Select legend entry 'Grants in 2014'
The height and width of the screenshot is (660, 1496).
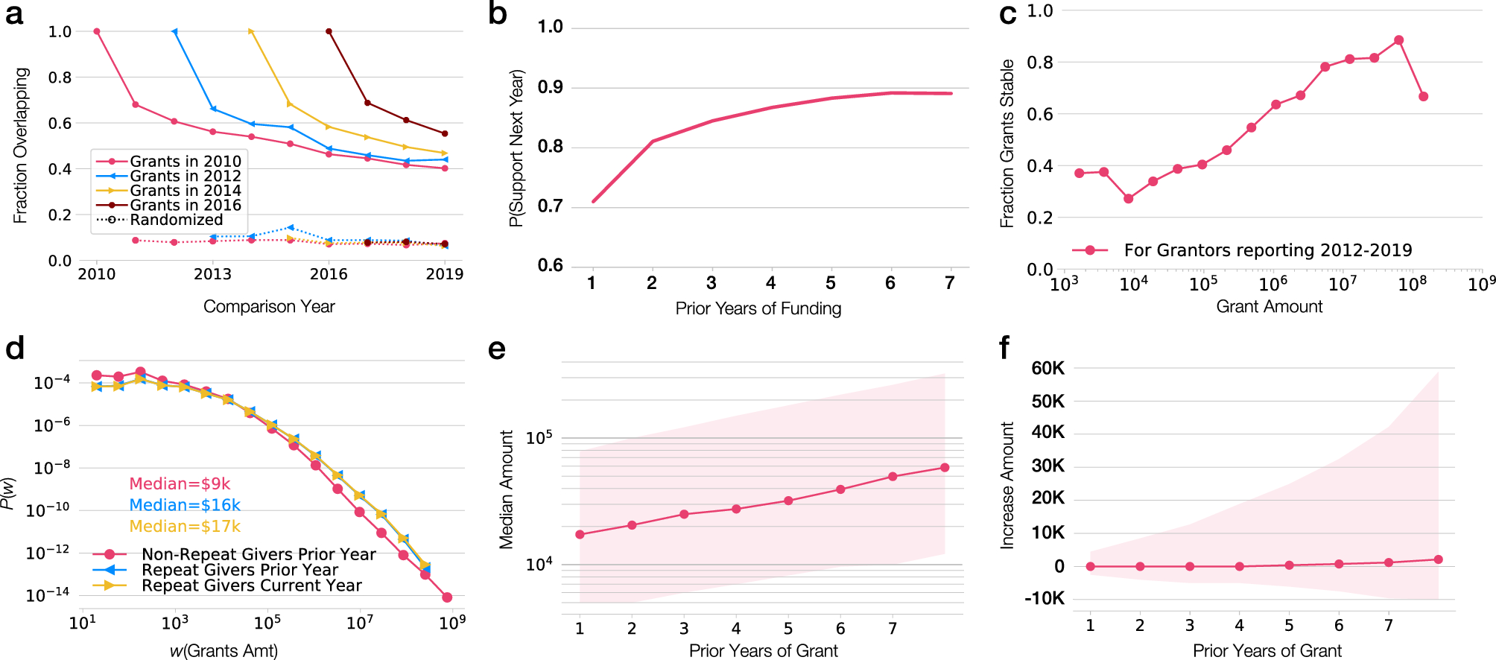(x=185, y=191)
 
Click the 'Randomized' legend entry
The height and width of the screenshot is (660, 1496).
(x=176, y=220)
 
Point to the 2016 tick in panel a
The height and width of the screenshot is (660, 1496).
(x=329, y=274)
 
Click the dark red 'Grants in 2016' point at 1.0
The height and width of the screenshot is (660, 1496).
(x=329, y=31)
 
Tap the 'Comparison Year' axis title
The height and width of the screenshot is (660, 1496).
(x=269, y=306)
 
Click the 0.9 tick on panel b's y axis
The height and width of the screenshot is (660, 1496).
(x=550, y=87)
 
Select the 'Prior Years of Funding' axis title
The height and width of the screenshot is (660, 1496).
(x=758, y=308)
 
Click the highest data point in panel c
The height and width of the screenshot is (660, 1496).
(x=1398, y=40)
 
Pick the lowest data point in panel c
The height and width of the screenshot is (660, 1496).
(x=1128, y=199)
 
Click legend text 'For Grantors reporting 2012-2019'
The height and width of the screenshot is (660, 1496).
(x=1267, y=250)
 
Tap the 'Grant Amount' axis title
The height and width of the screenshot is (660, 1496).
(x=1269, y=306)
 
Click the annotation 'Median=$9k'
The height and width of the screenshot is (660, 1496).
(x=180, y=484)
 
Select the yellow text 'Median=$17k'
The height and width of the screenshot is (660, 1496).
(x=185, y=527)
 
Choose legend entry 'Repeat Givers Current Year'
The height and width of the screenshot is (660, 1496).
(x=251, y=586)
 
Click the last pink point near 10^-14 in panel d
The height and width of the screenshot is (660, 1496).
(x=447, y=597)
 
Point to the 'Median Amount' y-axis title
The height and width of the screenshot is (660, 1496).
(x=507, y=489)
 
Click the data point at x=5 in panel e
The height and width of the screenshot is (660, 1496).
(x=788, y=501)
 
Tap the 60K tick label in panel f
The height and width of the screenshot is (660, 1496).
(x=1047, y=368)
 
